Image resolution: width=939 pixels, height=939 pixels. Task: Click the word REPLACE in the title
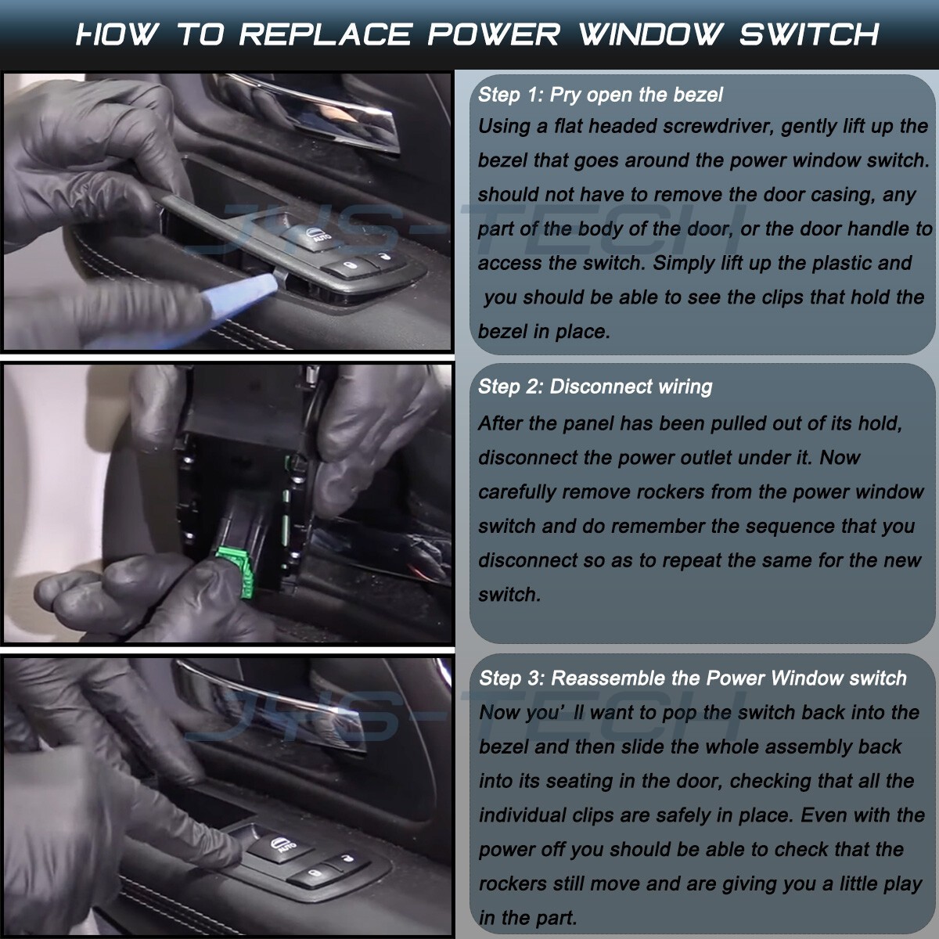point(326,34)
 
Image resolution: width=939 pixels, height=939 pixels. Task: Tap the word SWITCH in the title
point(809,34)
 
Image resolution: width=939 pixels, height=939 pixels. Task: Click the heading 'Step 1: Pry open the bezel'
point(600,95)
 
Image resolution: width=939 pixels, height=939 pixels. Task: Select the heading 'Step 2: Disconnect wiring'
point(595,387)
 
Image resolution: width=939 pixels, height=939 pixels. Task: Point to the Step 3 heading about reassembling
point(693,678)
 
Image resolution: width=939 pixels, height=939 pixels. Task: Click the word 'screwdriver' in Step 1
point(718,126)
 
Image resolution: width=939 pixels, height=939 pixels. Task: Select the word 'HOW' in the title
point(117,34)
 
